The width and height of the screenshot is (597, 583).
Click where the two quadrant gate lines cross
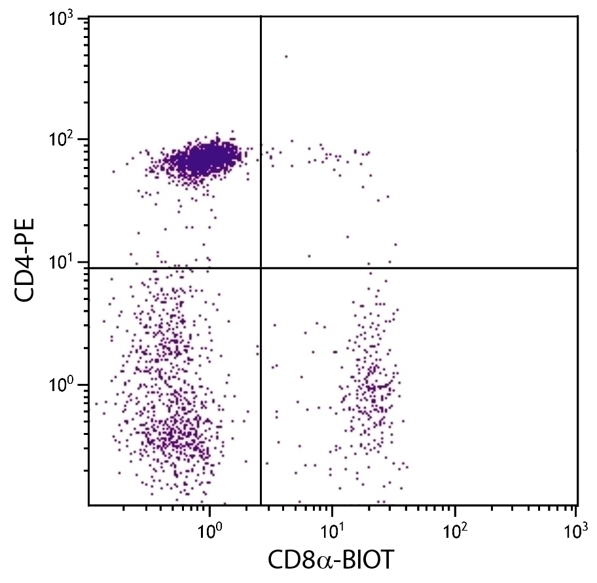click(x=261, y=268)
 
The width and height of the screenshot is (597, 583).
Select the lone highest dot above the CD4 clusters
click(x=286, y=56)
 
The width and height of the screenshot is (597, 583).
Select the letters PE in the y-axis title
click(x=27, y=226)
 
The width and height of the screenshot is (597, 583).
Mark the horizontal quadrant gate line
click(x=425, y=268)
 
